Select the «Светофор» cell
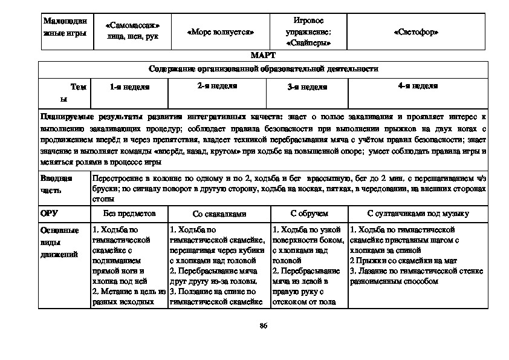coord(415,32)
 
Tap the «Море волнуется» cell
coord(220,32)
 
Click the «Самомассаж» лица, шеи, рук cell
coord(132,32)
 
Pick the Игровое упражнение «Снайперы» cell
coord(308,32)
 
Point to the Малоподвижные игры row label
coord(65,27)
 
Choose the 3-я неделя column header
coord(307,87)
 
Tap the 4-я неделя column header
coord(418,87)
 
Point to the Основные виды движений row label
coord(59,242)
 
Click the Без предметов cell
coord(129,214)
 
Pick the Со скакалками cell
coord(219,214)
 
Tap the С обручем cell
coord(308,214)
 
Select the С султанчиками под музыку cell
coord(418,214)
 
